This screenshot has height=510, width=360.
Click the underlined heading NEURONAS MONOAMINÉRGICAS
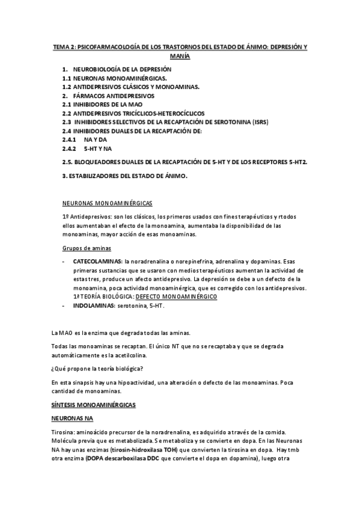108,203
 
